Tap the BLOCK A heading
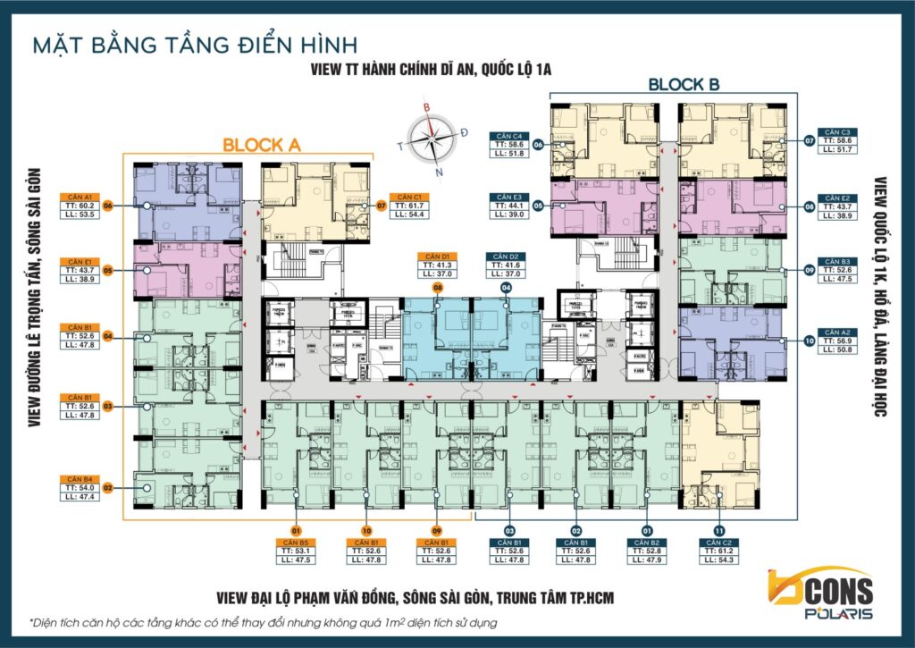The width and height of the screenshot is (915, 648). pos(262,144)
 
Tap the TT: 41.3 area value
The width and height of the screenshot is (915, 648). pos(438,265)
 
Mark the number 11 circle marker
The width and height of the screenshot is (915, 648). pos(720,527)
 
